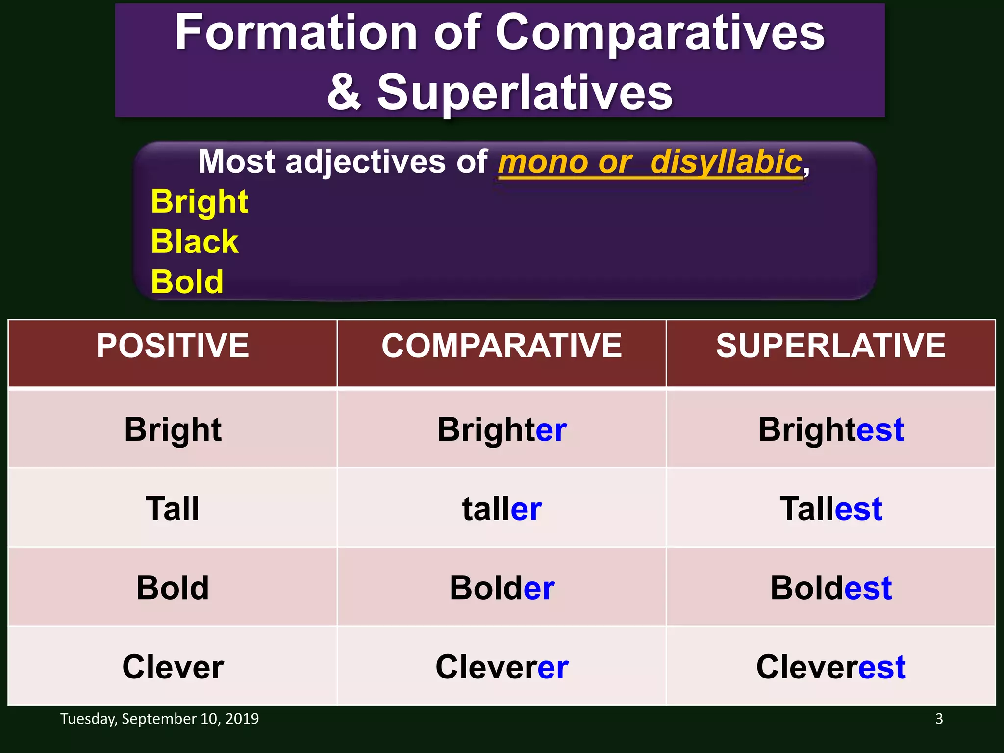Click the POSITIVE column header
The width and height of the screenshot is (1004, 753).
(173, 346)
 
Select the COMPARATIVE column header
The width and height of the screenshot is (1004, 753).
(502, 346)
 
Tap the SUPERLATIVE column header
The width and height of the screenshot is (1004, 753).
(830, 346)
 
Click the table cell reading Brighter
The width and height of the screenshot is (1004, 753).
(502, 429)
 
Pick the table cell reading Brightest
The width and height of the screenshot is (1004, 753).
(830, 429)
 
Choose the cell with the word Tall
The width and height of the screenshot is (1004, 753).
(173, 508)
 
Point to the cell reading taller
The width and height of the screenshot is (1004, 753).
(502, 508)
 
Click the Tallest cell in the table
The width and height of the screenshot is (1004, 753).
(830, 508)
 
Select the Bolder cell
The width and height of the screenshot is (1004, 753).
(502, 588)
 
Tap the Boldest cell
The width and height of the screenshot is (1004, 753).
(830, 588)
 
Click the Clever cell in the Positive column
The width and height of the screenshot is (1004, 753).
(173, 667)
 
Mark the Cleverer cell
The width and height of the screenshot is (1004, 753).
(502, 667)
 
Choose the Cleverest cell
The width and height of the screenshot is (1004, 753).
(830, 667)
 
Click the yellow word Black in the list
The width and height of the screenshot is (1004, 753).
(195, 242)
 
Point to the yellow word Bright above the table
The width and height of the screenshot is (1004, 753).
(200, 201)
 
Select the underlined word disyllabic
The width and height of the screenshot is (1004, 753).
(726, 162)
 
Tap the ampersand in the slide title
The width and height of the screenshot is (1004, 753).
(344, 92)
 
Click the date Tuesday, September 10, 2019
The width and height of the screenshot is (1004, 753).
(159, 719)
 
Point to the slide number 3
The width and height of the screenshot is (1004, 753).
(939, 719)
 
